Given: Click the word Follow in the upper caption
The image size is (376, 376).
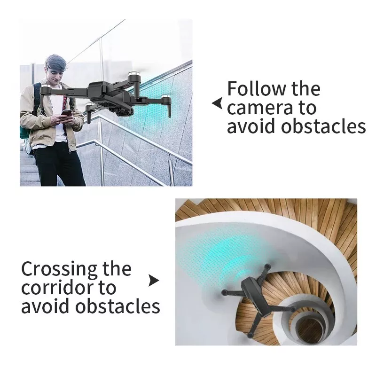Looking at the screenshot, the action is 257,88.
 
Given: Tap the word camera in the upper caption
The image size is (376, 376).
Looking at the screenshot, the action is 260,109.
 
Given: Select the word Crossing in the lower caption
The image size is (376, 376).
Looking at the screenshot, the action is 59,269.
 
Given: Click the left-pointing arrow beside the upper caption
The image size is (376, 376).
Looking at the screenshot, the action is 217,103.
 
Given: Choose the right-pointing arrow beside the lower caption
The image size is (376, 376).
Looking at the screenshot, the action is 154,280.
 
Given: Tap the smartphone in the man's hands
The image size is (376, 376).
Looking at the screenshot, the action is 66,113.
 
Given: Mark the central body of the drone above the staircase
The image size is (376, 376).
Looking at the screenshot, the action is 256,296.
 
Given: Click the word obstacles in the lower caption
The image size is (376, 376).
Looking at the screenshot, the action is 117,306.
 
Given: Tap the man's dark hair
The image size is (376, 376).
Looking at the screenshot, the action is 56,62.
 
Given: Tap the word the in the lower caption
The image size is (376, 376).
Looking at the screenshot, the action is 117,269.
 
